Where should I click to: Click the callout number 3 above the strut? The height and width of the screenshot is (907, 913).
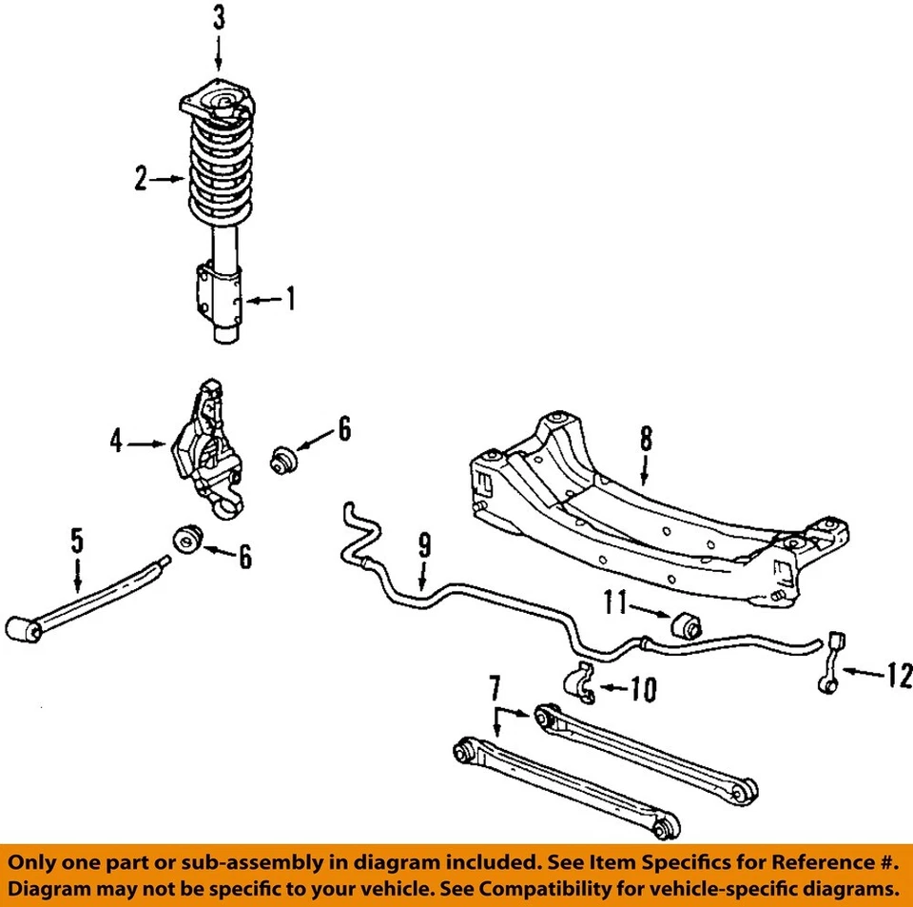[219, 17]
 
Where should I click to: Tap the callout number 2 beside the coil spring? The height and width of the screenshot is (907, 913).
[141, 178]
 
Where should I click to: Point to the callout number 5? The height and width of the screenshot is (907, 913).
[77, 542]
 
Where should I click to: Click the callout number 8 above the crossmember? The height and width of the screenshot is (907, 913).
[646, 440]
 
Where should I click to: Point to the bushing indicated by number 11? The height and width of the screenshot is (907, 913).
[687, 623]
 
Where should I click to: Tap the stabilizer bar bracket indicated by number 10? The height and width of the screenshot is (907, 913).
[579, 683]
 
